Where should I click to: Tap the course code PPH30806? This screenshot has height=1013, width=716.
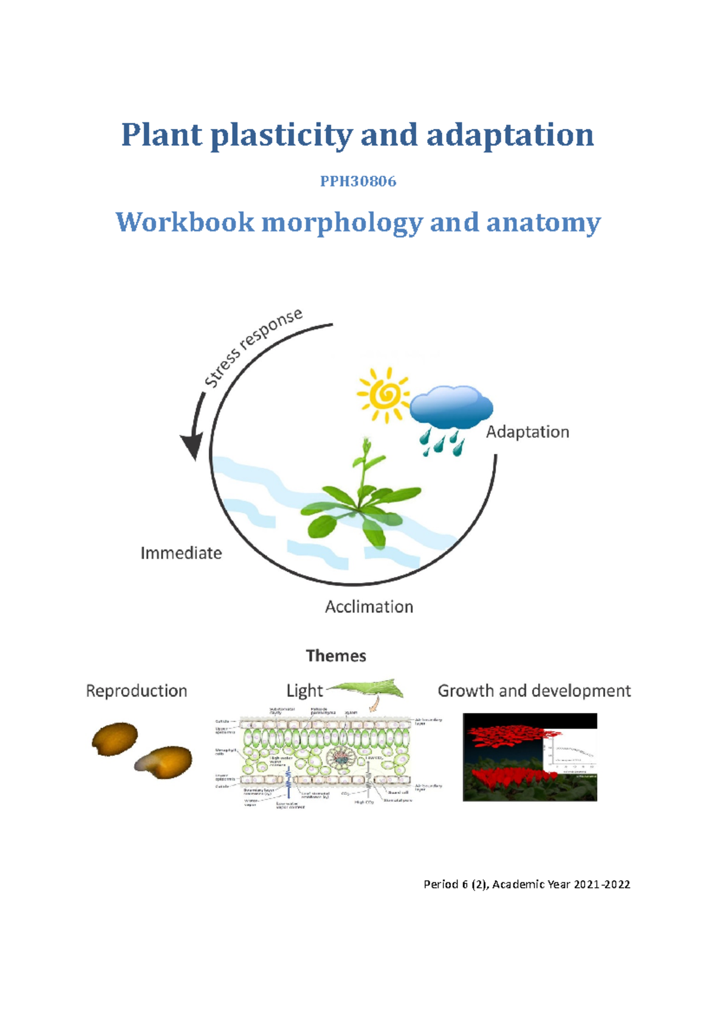tap(358, 181)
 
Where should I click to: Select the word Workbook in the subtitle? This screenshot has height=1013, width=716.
tap(185, 223)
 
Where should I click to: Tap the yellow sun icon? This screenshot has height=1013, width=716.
tap(384, 394)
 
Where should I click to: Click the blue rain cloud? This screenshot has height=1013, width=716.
tap(452, 409)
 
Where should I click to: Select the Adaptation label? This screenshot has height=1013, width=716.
tap(527, 432)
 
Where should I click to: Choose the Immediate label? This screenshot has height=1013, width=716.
tap(181, 553)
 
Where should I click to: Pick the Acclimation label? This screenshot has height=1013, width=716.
tap(369, 607)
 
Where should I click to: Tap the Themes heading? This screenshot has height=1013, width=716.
tap(336, 656)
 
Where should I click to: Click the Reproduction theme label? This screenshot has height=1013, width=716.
tap(137, 691)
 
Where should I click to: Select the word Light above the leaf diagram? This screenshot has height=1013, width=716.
tap(304, 691)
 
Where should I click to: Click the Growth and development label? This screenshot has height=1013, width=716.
tap(534, 691)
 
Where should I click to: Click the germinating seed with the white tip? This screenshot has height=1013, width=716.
tap(164, 762)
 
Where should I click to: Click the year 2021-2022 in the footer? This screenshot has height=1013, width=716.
tap(602, 884)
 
